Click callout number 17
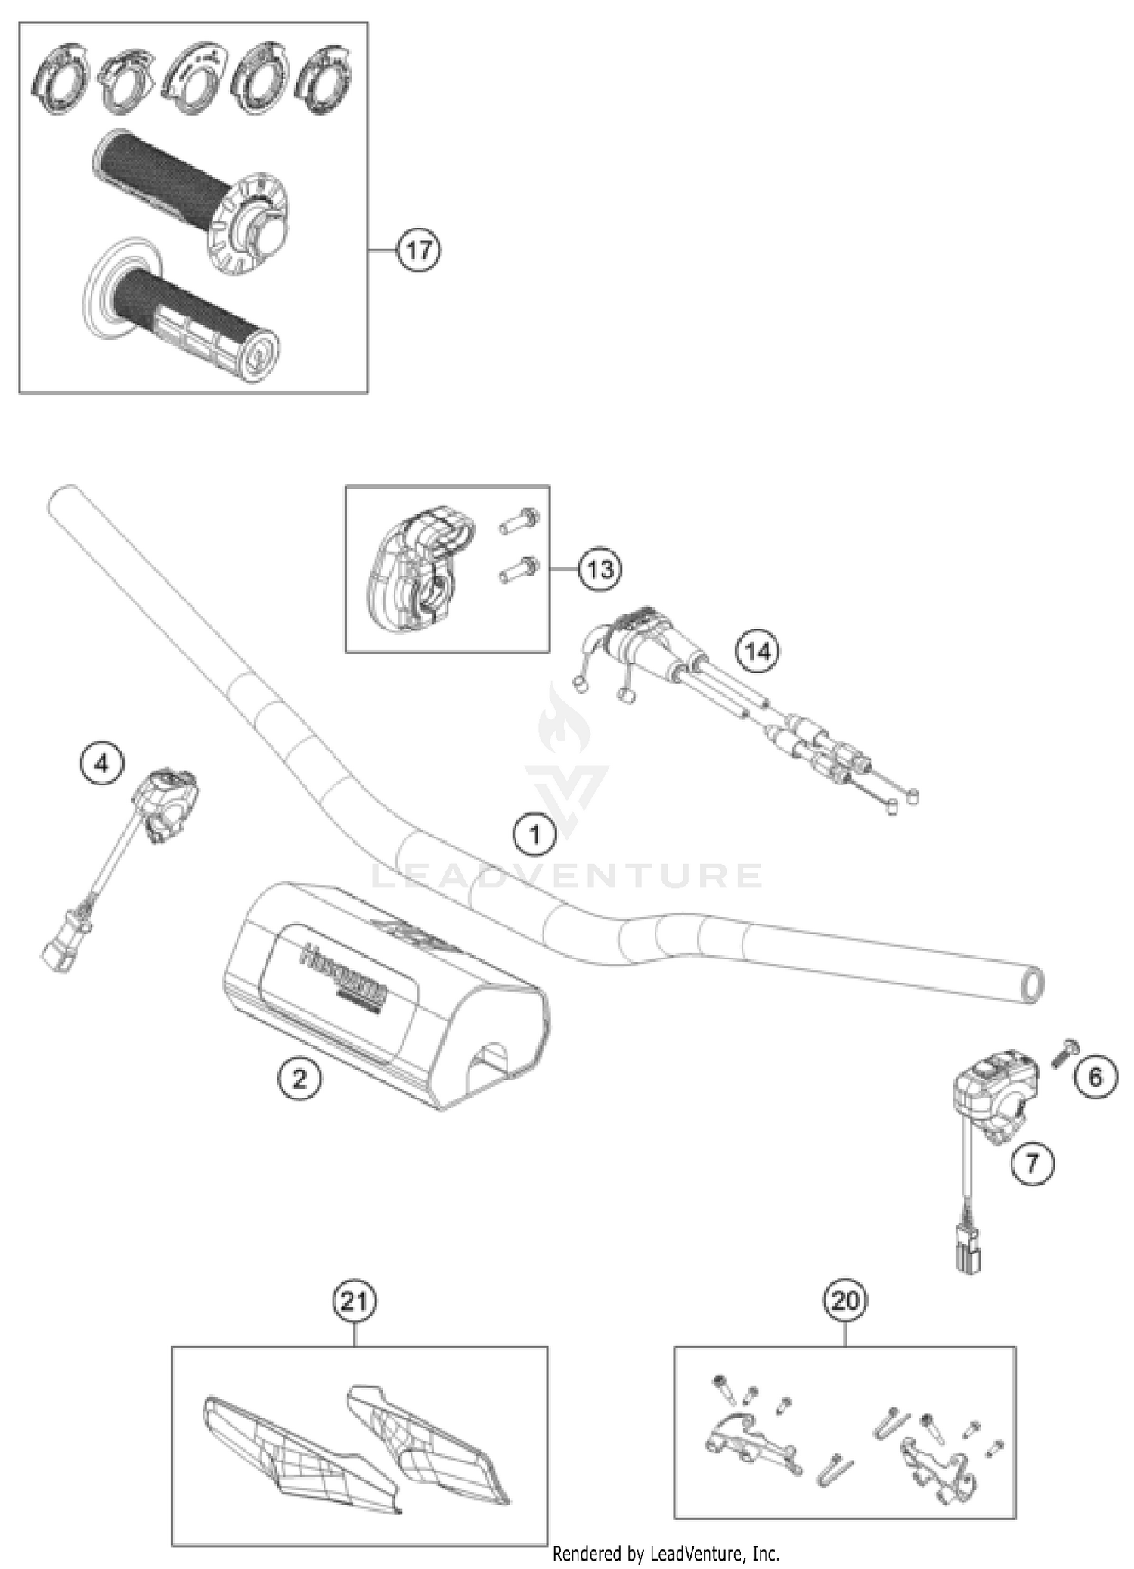click(418, 250)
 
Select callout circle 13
click(600, 569)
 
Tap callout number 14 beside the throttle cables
click(758, 651)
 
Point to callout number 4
click(102, 763)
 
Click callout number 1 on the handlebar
click(534, 834)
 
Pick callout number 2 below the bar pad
click(299, 1078)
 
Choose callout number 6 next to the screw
click(1095, 1077)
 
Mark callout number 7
click(1033, 1162)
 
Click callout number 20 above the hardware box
click(844, 1300)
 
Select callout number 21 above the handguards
click(355, 1301)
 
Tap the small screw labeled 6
click(1066, 1052)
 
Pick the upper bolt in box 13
click(520, 520)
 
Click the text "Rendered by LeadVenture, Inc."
click(665, 1555)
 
